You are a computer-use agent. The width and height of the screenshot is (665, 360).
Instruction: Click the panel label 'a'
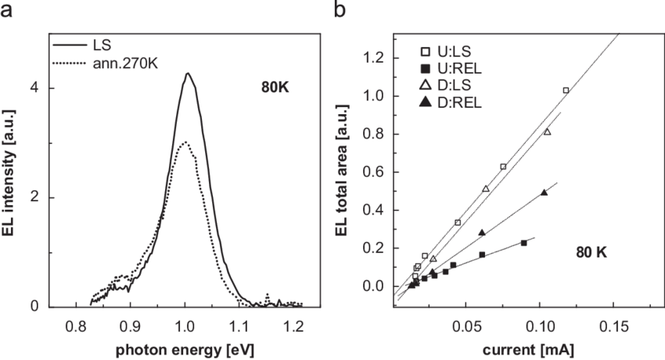point(9,10)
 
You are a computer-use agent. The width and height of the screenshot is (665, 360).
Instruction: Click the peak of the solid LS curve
point(188,74)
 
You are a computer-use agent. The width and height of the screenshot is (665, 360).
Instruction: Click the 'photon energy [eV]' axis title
point(185,344)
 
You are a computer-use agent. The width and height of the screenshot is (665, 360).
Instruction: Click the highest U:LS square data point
point(566,91)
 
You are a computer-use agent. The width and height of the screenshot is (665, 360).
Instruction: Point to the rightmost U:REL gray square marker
point(523,243)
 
